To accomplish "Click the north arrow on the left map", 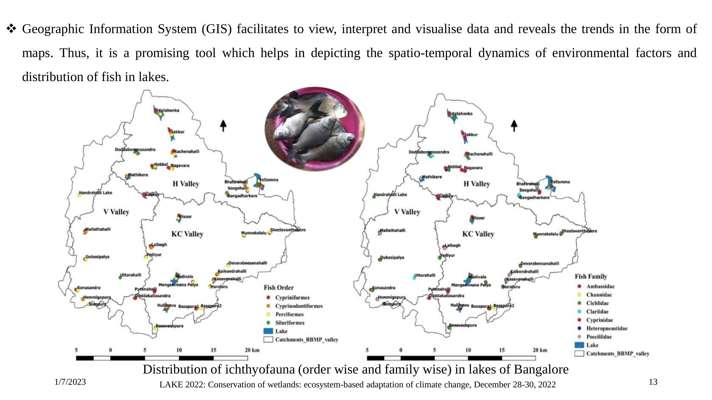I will pos(223,126).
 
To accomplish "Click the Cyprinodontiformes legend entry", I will pos(298,306).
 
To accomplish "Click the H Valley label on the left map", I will pos(186,184).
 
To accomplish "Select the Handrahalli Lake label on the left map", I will pos(96,193).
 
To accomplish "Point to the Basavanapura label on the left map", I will pos(170,326).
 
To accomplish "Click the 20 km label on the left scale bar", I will pos(252,350).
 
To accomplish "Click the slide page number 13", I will pos(653,382).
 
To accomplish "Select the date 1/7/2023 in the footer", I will pos(70,382).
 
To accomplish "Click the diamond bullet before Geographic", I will pos(11,28).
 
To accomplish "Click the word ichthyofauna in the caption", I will pos(260,369).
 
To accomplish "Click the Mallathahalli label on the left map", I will pos(98,229).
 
